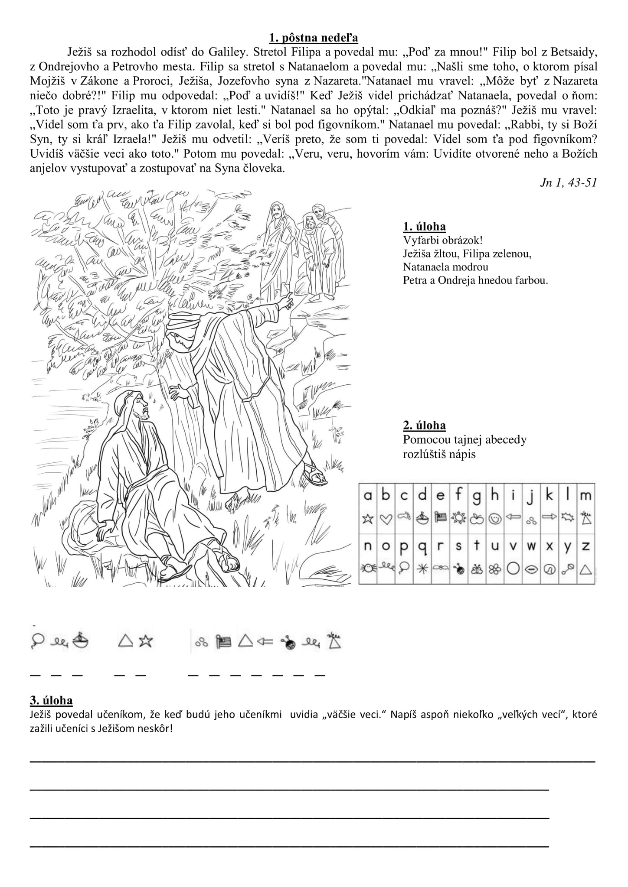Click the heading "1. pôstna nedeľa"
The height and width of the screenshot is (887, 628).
(x=314, y=38)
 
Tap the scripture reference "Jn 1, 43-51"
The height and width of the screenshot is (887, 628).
(x=569, y=182)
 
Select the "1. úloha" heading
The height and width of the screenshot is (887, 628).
(x=424, y=226)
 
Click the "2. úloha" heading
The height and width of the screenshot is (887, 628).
(x=424, y=425)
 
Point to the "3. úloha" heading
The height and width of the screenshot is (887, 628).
(x=51, y=700)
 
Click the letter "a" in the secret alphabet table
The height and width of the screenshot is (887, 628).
(x=368, y=495)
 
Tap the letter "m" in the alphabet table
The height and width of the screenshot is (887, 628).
(x=585, y=495)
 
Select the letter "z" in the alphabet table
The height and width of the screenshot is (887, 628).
(x=585, y=546)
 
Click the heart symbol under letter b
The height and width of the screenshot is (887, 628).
(x=386, y=518)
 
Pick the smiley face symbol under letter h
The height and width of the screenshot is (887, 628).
(x=494, y=518)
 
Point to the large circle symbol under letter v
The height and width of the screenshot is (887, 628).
(x=513, y=569)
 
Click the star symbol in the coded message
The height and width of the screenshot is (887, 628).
(x=146, y=641)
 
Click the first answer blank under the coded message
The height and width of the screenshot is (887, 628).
(x=35, y=675)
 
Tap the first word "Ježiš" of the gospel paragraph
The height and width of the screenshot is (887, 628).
(x=80, y=52)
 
